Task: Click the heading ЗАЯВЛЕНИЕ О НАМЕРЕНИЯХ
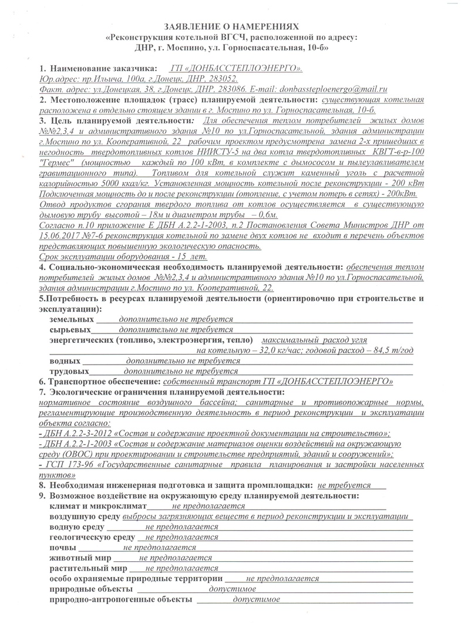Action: coord(231,27)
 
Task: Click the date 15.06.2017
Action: coord(58,219)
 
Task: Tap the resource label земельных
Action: coord(72,319)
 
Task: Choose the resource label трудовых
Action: coord(70,371)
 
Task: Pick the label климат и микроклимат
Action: coord(97,505)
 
